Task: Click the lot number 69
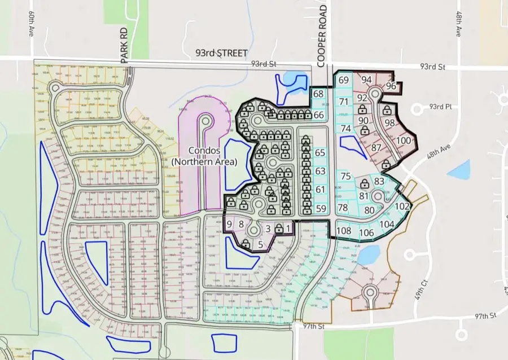344,81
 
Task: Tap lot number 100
402,141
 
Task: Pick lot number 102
401,207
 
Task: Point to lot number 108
344,230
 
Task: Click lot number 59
321,209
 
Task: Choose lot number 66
319,115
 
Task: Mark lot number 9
229,224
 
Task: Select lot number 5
260,244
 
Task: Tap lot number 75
346,176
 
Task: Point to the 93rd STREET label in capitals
221,53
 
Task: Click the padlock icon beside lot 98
387,110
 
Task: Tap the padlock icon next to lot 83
365,183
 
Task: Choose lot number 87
376,148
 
